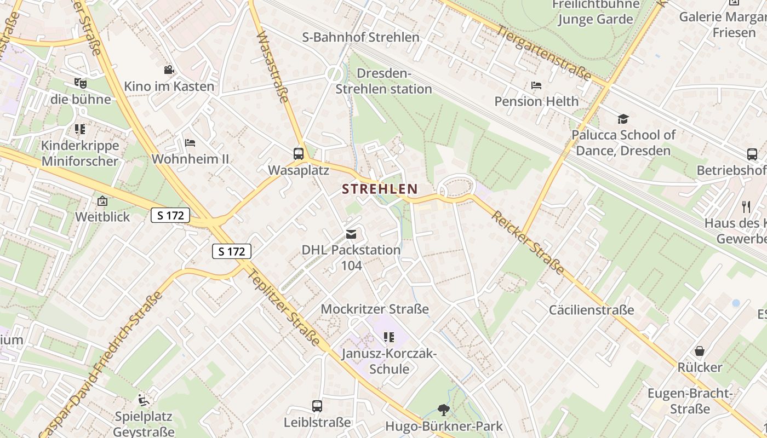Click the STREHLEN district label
(380, 189)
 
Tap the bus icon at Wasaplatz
(299, 154)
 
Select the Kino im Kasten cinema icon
(169, 70)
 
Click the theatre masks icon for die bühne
(81, 83)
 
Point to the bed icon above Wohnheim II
(190, 143)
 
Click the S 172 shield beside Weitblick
(170, 216)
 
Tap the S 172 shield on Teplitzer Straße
(231, 251)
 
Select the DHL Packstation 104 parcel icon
(351, 234)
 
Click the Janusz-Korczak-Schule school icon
(389, 337)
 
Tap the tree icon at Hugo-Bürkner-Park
(443, 410)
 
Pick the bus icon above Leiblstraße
(317, 406)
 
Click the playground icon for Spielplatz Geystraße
(143, 400)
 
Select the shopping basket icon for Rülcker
(700, 351)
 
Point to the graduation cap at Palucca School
(623, 119)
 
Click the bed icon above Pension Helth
(536, 85)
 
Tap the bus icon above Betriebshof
(752, 154)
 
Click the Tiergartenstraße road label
(545, 53)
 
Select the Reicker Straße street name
(528, 242)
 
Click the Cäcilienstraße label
(592, 310)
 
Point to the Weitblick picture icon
(102, 201)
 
